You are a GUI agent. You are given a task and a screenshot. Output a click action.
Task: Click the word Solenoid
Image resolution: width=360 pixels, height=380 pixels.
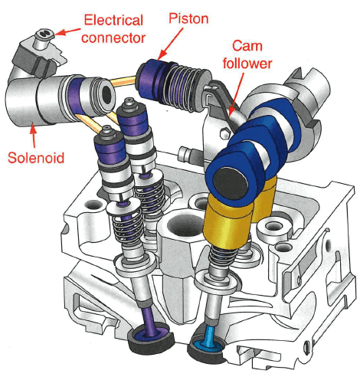pos(36,158)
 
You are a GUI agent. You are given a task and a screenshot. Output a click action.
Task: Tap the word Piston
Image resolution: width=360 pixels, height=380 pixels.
pos(188,19)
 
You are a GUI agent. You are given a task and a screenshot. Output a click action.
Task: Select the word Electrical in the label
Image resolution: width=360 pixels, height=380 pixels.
pos(113,20)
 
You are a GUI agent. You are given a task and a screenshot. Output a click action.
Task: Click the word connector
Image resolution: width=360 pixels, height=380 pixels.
pos(113,38)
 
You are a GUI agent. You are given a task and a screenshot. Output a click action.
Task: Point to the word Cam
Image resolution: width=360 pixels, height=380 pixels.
pos(247,46)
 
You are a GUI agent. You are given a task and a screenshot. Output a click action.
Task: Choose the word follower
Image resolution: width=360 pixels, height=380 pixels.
pos(247,63)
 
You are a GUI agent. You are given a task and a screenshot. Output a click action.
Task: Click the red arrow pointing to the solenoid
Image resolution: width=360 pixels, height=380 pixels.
pos(33,137)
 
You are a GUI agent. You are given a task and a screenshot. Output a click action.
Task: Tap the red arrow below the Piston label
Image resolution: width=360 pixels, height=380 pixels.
pos(169,44)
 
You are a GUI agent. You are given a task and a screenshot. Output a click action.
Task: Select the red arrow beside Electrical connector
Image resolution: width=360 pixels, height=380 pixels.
pos(67,31)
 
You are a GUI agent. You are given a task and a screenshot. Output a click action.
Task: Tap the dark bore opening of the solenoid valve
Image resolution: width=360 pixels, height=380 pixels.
pos(107,95)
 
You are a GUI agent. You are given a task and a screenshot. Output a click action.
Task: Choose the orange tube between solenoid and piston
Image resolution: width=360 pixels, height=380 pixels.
pos(123,80)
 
